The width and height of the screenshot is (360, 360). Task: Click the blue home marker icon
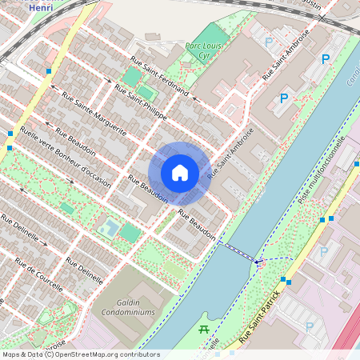pyautogui.click(x=180, y=172)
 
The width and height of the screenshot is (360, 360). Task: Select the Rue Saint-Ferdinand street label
pyautogui.click(x=159, y=77)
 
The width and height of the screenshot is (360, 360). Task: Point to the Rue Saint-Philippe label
pyautogui.click(x=140, y=102)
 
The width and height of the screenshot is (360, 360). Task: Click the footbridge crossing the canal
pyautogui.click(x=238, y=252)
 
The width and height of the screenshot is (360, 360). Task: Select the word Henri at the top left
pyautogui.click(x=41, y=6)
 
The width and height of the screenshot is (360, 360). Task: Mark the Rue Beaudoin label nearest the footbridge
pyautogui.click(x=197, y=225)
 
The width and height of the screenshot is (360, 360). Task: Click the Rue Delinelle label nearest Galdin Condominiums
pyautogui.click(x=84, y=271)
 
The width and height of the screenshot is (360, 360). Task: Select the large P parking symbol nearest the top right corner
pyautogui.click(x=325, y=59)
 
